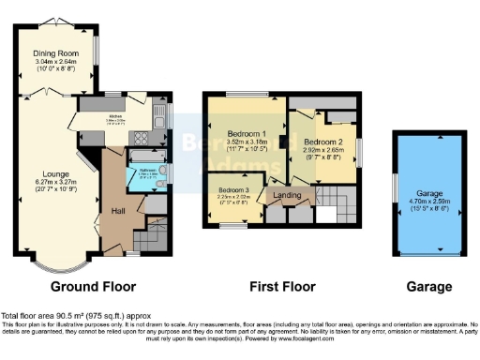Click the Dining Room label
point(57,54)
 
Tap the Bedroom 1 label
point(235,134)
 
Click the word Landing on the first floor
point(286,195)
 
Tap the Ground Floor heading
point(93,286)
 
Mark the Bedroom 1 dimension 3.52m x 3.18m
point(235,143)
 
